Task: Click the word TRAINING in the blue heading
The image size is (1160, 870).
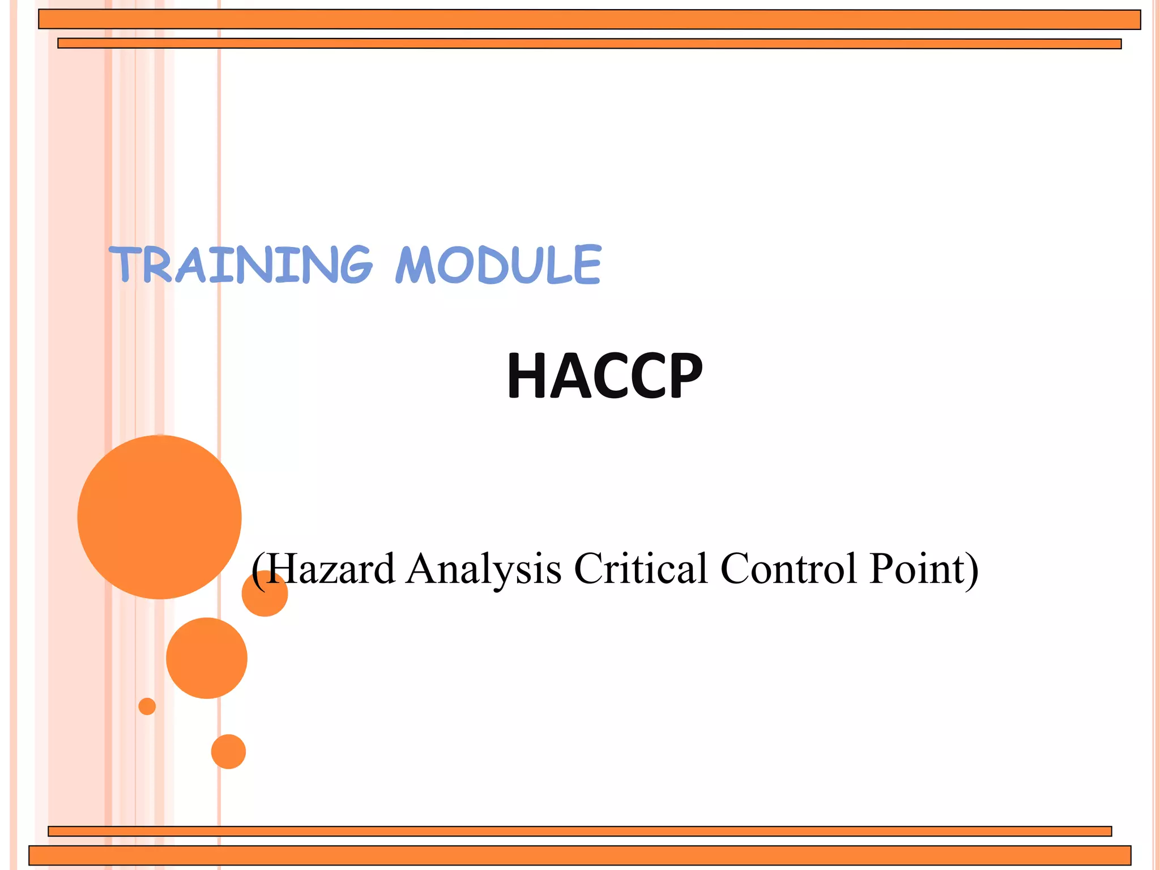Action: click(x=241, y=265)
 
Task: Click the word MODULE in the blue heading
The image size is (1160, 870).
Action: click(x=498, y=265)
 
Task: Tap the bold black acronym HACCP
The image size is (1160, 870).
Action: click(x=604, y=376)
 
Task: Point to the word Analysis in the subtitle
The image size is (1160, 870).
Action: click(x=484, y=569)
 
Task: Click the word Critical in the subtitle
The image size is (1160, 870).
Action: click(x=641, y=569)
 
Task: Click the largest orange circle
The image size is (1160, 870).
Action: click(x=159, y=517)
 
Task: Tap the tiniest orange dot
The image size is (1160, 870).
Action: click(x=147, y=706)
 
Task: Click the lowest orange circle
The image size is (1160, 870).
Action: click(x=228, y=752)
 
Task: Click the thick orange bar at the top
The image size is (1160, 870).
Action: click(x=589, y=19)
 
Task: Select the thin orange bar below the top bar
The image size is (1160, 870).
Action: click(x=589, y=44)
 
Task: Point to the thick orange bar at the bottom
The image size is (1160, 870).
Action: click(x=579, y=855)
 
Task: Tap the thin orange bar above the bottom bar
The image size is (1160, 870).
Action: click(x=579, y=831)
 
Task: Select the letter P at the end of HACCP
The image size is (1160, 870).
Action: click(x=684, y=376)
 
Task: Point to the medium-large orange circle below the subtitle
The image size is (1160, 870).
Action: click(x=207, y=658)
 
